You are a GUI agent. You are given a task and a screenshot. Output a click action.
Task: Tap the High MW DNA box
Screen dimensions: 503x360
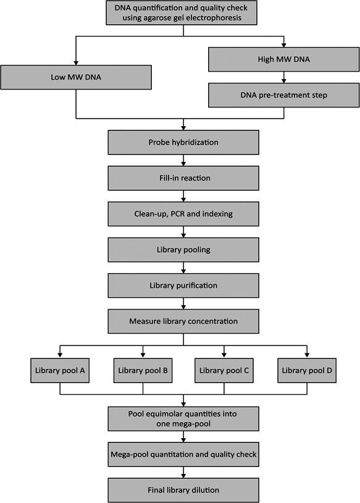283,60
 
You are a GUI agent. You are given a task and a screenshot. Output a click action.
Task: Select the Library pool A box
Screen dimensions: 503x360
59,370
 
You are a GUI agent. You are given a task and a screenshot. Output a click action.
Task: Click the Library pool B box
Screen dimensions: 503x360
143,370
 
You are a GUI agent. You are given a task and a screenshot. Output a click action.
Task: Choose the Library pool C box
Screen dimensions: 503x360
224,370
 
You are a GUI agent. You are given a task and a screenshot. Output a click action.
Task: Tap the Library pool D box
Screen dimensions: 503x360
307,370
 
